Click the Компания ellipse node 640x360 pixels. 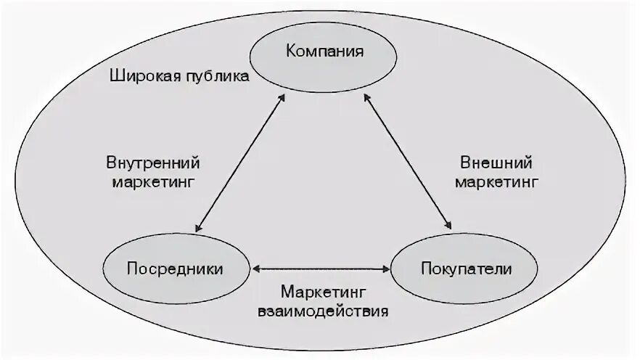click(324, 53)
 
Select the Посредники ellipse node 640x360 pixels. click(175, 269)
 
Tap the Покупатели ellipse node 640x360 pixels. click(466, 269)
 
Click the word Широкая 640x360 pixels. click(141, 75)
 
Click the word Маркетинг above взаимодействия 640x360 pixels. click(323, 292)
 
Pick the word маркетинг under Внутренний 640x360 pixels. click(153, 181)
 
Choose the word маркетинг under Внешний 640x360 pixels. click(496, 181)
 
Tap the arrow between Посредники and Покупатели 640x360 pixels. click(321, 269)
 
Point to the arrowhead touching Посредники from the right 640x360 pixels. click(256, 269)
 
